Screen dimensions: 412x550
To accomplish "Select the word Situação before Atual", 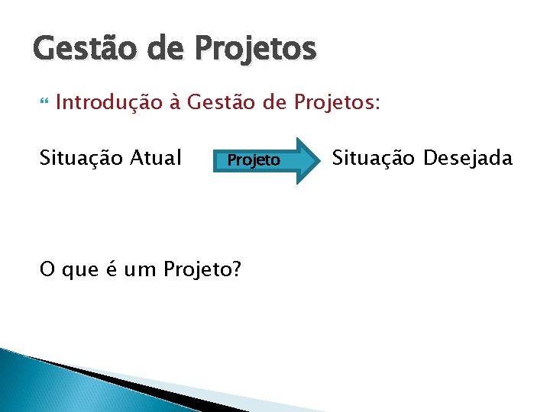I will (78, 158).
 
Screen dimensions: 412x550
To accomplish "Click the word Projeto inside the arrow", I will (254, 160).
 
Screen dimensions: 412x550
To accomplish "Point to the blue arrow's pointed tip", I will (319, 159).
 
